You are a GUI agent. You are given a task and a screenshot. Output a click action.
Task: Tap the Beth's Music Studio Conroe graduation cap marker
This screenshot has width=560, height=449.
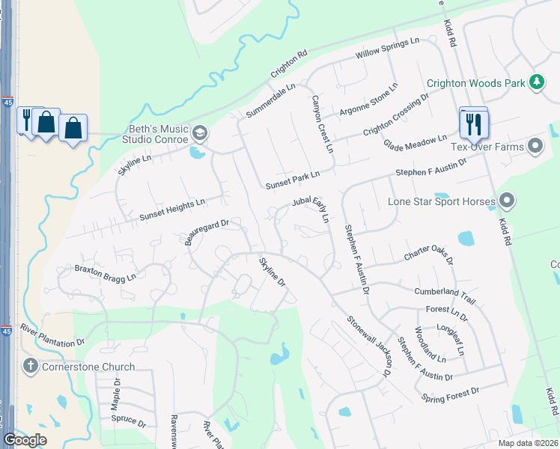coord(200,134)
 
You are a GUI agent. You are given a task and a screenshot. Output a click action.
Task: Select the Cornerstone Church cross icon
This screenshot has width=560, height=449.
coord(31,367)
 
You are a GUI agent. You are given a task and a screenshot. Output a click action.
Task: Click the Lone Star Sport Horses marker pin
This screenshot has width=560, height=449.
coord(507,201)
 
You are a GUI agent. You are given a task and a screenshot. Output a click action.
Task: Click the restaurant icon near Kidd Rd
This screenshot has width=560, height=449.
coord(473,124)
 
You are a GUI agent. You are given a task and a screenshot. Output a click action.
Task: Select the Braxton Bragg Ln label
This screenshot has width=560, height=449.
coord(105,272)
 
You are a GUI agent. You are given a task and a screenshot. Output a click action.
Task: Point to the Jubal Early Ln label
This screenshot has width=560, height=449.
coord(311,210)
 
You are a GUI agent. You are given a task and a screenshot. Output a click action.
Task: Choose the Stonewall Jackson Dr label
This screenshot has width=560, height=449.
coord(369,345)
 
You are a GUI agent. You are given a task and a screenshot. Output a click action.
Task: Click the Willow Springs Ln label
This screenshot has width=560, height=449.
coord(387,51)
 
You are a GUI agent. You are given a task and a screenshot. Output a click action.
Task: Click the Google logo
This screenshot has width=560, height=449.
coord(25,439)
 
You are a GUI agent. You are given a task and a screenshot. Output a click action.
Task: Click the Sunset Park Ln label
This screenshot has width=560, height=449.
coord(292,180)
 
